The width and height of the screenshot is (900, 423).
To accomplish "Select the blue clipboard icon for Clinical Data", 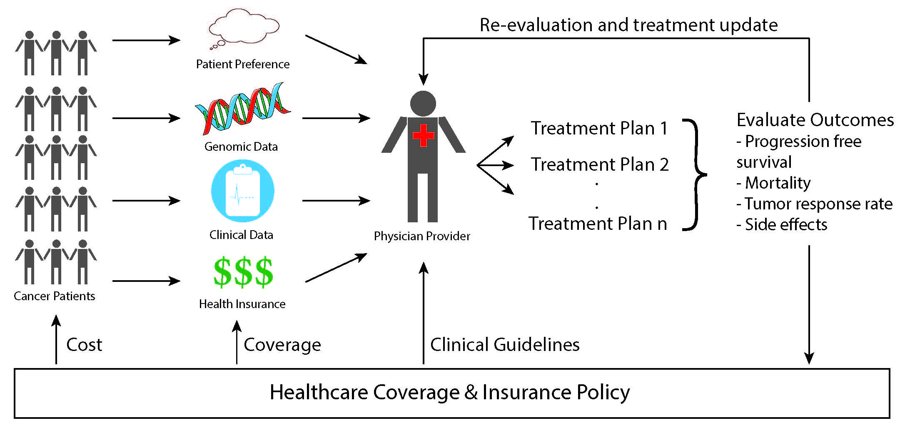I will (243, 191).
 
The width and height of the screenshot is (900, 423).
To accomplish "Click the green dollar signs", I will (243, 272).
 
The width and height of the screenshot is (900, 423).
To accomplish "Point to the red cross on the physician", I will (423, 135).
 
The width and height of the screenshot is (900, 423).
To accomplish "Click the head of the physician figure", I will (423, 104).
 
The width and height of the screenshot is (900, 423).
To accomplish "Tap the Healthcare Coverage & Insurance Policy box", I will (451, 393).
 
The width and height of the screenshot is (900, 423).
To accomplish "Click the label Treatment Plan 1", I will (599, 128).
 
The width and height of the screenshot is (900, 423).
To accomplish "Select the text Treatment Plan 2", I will (599, 164).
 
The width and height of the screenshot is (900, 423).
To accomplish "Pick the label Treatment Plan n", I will (598, 224).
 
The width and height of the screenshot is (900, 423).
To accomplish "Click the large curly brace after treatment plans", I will (696, 174).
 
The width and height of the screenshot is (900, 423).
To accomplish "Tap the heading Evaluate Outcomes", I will (815, 120).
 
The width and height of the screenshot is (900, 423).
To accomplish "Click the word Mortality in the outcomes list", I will (778, 183).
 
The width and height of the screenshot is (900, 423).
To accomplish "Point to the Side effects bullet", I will (785, 225).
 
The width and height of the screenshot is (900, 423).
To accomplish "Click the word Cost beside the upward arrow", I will (84, 345).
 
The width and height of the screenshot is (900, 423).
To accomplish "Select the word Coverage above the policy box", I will (282, 345).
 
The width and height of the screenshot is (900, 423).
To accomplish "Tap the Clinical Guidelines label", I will (505, 345).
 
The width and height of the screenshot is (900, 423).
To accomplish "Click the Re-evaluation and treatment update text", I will (628, 25).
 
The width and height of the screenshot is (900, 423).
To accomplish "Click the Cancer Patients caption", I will (54, 296).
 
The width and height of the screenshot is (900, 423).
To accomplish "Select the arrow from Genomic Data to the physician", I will (336, 118).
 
